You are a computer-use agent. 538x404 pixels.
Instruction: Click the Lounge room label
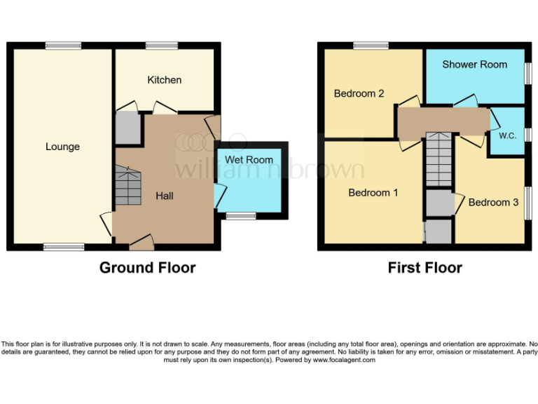pyautogui.click(x=62, y=147)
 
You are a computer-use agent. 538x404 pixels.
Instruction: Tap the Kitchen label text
pyautogui.click(x=164, y=80)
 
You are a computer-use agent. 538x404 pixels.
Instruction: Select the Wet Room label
pyautogui.click(x=249, y=160)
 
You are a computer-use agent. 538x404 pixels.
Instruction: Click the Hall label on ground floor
pyautogui.click(x=165, y=196)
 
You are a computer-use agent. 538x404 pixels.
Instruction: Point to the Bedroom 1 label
pyautogui.click(x=373, y=192)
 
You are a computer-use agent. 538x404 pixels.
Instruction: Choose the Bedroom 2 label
pyautogui.click(x=359, y=93)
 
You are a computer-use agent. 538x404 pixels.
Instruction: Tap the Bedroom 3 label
pyautogui.click(x=493, y=202)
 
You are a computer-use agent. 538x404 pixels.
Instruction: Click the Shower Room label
pyautogui.click(x=474, y=65)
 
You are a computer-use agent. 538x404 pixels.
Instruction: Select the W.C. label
pyautogui.click(x=507, y=135)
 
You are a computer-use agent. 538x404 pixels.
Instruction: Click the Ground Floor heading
pyautogui.click(x=147, y=267)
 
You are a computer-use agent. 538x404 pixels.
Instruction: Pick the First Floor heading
pyautogui.click(x=425, y=267)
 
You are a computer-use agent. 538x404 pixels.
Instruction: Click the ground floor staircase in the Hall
pyautogui.click(x=127, y=185)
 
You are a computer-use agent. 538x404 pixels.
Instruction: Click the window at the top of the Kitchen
pyautogui.click(x=162, y=46)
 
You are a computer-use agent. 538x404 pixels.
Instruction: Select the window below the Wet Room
pyautogui.click(x=241, y=216)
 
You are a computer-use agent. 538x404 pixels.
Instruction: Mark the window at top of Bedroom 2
pyautogui.click(x=371, y=46)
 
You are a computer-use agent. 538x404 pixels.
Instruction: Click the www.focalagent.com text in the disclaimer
pyautogui.click(x=343, y=360)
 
